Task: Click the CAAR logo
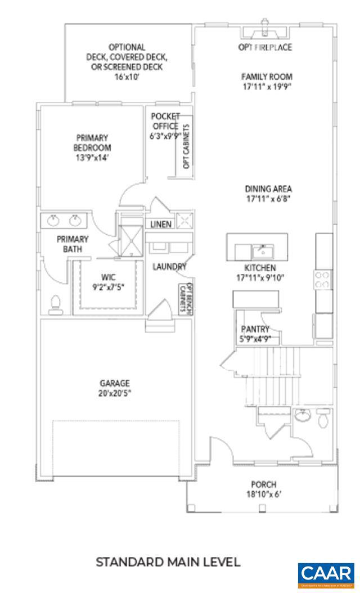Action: point(327,574)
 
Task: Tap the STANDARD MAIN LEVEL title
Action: point(168,561)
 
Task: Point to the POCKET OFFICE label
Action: point(165,122)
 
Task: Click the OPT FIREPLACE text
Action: point(265,47)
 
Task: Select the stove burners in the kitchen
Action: point(322,280)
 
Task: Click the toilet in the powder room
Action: point(323,419)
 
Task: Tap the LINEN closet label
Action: point(161,224)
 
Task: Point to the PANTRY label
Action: point(255,329)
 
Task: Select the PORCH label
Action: point(263,484)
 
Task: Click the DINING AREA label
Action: point(268,189)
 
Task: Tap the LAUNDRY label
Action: point(169,267)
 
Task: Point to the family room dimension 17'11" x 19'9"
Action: point(267,87)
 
